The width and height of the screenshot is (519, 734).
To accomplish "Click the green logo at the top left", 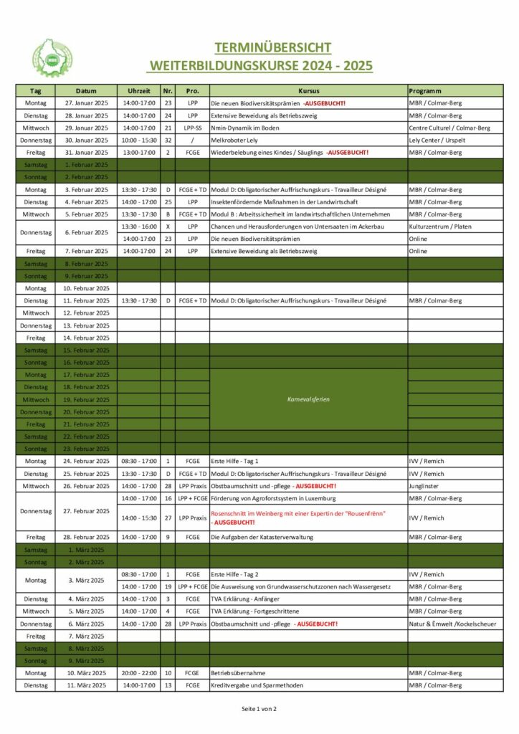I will click(52, 58).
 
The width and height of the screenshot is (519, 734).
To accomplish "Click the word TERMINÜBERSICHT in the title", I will click(272, 48).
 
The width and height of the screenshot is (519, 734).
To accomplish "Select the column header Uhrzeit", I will click(138, 91).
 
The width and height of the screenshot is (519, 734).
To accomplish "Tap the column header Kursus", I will click(308, 91).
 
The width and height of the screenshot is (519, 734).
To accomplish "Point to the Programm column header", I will click(425, 91).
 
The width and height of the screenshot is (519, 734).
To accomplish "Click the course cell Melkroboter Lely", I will click(234, 140).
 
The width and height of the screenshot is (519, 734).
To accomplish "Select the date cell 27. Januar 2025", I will click(86, 103).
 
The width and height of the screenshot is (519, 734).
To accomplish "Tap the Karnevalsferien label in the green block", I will click(308, 399).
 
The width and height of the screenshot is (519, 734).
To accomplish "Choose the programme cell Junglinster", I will click(424, 485).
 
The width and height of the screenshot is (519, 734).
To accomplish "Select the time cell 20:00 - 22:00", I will click(138, 673).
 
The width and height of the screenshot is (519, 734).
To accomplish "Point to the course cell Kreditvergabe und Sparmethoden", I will click(257, 685).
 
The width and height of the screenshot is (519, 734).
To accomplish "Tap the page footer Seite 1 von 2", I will click(259, 709).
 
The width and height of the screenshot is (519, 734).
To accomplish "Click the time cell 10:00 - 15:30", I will click(138, 140).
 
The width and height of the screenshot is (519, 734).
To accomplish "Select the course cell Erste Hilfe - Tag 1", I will click(234, 461).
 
